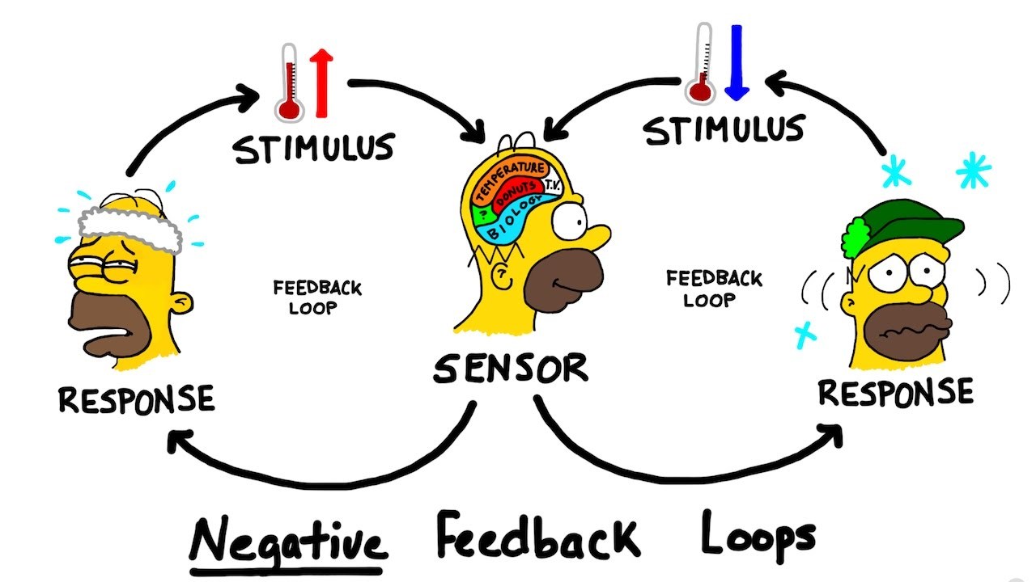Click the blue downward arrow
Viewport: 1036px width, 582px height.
737,61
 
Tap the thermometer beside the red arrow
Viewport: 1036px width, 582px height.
288,85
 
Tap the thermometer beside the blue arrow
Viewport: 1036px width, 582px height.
702,65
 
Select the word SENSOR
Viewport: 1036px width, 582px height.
511,368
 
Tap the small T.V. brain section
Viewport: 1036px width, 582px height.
554,186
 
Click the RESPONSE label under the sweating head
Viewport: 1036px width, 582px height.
137,399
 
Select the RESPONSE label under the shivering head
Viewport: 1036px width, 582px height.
895,393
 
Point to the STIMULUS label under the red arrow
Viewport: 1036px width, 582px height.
314,148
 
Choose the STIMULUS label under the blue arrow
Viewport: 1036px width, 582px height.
724,129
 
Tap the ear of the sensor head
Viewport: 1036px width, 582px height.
503,276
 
